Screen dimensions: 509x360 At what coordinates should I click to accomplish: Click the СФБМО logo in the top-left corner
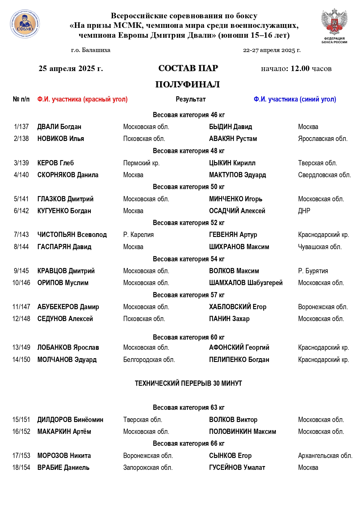pyautogui.click(x=25, y=24)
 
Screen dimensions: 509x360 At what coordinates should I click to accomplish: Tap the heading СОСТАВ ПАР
pyautogui.click(x=188, y=68)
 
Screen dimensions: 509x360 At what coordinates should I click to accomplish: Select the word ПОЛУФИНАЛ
pyautogui.click(x=187, y=84)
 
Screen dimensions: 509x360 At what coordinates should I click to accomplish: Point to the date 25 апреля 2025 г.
pyautogui.click(x=71, y=68)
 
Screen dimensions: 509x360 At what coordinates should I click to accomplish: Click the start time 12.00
pyautogui.click(x=300, y=68)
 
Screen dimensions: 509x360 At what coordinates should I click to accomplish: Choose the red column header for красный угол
pyautogui.click(x=82, y=99)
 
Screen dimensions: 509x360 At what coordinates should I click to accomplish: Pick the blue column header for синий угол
pyautogui.click(x=295, y=99)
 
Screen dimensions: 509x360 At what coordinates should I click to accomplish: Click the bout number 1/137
pyautogui.click(x=21, y=127)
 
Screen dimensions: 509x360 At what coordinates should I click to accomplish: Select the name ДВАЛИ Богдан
pyautogui.click(x=59, y=127)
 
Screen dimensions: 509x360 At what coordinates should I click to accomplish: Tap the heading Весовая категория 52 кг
pyautogui.click(x=189, y=223)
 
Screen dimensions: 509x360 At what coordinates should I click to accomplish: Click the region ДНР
pyautogui.click(x=304, y=211)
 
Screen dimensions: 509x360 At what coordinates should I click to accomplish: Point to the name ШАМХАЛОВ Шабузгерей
pyautogui.click(x=246, y=283)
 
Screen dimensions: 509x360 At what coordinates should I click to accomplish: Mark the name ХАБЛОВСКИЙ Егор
pyautogui.click(x=238, y=307)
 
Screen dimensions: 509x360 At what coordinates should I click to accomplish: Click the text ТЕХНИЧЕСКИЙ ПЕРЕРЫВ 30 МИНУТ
pyautogui.click(x=188, y=383)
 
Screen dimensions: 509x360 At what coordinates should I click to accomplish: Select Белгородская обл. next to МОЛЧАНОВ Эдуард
pyautogui.click(x=149, y=360)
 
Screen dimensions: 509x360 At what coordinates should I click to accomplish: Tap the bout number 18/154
pyautogui.click(x=21, y=468)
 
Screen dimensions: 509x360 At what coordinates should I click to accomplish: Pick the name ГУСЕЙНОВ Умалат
pyautogui.click(x=237, y=468)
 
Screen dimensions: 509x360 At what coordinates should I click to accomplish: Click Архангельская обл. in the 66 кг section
pyautogui.click(x=325, y=456)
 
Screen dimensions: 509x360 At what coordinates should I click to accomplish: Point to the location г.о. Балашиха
pyautogui.click(x=91, y=50)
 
